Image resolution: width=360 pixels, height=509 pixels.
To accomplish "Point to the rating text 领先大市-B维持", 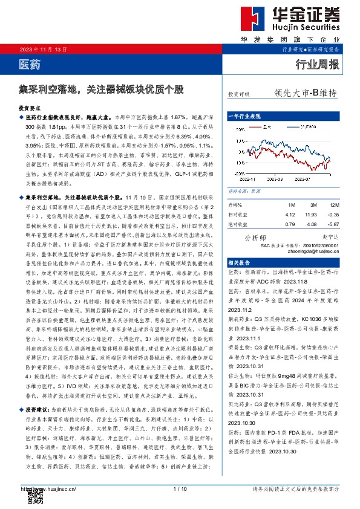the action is click(x=305, y=94).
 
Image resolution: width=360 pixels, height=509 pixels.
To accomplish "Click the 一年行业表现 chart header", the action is click(x=244, y=115).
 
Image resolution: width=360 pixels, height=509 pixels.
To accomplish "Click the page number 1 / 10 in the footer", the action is click(x=180, y=488).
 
